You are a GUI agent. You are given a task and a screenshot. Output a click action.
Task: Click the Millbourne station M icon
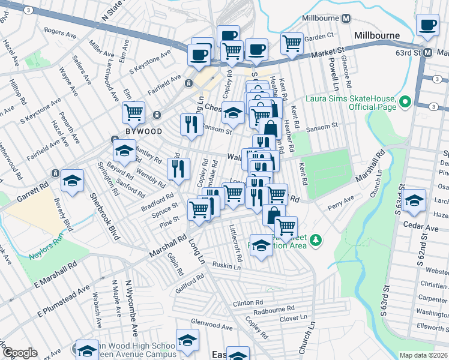[x=346, y=19]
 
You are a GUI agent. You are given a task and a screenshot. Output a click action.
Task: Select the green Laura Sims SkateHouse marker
[x=405, y=102]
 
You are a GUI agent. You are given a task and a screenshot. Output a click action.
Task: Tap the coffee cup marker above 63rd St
[x=428, y=25]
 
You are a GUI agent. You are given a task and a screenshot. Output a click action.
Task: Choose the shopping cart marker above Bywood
[x=134, y=112]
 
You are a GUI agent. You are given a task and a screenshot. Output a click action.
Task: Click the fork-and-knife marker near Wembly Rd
[x=178, y=169]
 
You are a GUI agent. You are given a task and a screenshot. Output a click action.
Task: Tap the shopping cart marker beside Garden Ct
[x=292, y=43]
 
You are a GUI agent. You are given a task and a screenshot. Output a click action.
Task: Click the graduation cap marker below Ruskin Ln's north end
[x=261, y=244]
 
